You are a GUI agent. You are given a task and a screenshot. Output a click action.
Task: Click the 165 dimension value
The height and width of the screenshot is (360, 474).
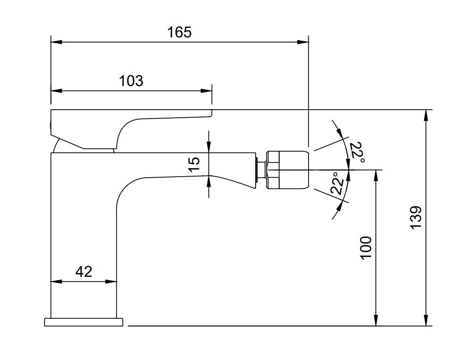pos(179,32)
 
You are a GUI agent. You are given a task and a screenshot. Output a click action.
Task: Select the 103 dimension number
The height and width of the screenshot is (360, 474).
pos(130,81)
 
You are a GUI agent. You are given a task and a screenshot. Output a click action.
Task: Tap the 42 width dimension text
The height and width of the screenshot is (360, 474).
pos(84,272)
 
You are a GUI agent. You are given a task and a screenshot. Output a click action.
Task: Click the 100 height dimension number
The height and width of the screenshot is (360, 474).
pos(366,248)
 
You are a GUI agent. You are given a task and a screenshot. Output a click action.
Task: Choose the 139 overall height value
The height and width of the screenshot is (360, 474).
pos(416,218)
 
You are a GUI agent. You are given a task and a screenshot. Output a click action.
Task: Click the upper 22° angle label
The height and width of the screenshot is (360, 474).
pos(356,152)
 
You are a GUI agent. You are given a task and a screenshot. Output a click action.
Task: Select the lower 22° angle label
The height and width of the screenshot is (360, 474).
pos(337,183)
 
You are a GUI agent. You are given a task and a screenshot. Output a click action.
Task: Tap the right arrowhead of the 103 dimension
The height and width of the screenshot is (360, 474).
pos(207,91)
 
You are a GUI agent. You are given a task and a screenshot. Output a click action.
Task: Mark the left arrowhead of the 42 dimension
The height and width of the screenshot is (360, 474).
pos(56,282)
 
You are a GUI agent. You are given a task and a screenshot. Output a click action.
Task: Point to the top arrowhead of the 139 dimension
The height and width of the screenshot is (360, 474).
pos(426,115)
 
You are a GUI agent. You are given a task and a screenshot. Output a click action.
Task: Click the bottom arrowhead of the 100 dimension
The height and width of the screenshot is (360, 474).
pos(376,320)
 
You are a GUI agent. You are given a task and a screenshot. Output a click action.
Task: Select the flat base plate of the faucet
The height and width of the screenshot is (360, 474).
pos(84,322)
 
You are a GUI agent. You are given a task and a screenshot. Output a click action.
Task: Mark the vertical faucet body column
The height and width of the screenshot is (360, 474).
pos(84,235)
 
